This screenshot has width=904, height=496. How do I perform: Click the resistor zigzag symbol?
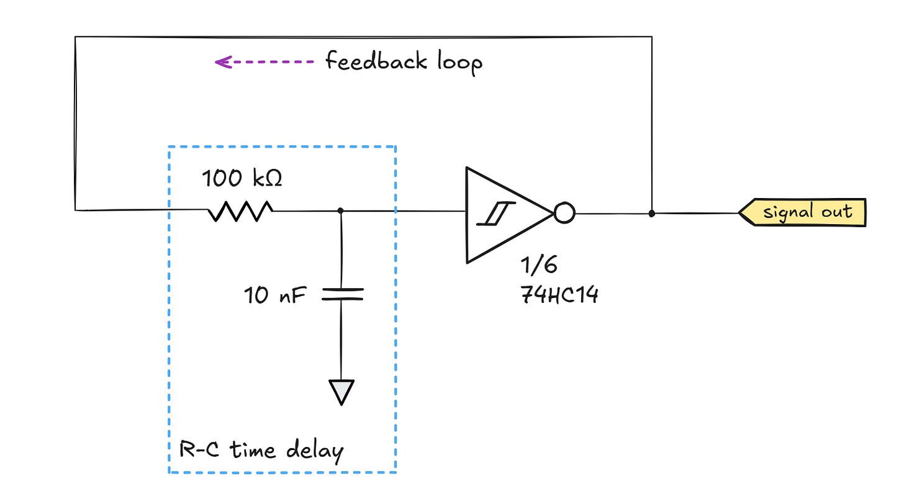click(240, 211)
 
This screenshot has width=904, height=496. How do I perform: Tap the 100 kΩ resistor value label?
click(242, 179)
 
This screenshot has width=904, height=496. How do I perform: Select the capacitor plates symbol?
click(341, 294)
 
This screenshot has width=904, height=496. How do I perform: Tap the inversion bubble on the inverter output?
click(564, 214)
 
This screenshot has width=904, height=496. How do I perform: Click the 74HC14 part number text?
click(559, 294)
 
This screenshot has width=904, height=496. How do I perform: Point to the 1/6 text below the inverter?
click(538, 266)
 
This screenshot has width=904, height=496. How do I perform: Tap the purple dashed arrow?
click(264, 62)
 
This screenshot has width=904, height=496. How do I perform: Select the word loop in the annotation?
click(458, 63)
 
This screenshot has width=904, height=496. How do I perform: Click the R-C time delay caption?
click(261, 449)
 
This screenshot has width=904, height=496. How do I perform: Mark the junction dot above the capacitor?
click(341, 211)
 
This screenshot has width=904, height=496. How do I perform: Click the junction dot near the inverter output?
click(651, 214)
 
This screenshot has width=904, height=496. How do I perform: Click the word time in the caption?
click(253, 449)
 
